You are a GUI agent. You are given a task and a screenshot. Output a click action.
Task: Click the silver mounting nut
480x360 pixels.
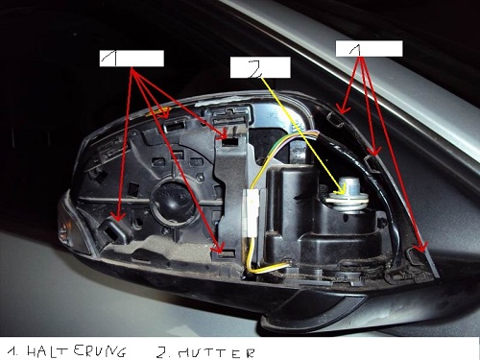tap(348, 195)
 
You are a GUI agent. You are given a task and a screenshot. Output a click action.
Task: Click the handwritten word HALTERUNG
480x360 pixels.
tap(76, 351)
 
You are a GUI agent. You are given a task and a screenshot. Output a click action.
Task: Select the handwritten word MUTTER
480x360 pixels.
tap(216, 353)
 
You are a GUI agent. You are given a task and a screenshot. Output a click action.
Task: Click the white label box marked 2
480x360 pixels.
tap(260, 67)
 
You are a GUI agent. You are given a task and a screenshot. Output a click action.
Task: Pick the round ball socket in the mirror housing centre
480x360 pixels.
tap(169, 199)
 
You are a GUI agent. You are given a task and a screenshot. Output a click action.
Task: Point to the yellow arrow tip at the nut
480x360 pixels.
tap(343, 192)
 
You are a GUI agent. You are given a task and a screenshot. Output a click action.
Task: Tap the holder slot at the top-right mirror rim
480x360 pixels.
tap(336, 120)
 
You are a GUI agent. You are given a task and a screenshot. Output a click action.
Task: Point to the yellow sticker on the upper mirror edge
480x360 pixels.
tap(157, 111)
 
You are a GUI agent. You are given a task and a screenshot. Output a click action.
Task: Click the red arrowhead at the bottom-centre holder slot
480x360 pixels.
tap(218, 248)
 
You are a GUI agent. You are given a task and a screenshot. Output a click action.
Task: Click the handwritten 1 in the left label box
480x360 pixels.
tap(109, 59)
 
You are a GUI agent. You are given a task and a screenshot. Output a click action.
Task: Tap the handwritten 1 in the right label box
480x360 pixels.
tap(354, 49)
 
